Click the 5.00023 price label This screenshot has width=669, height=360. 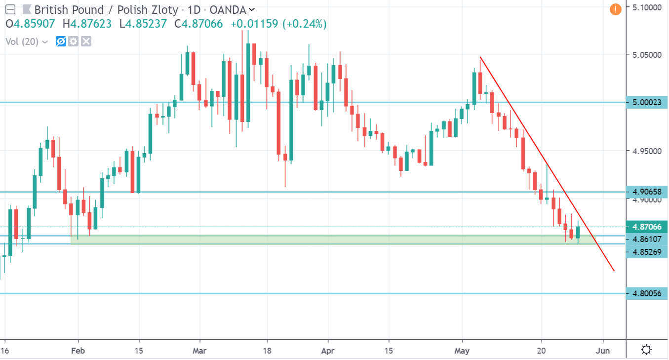[646, 102]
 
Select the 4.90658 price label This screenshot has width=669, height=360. [646, 192]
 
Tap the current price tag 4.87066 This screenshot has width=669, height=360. [646, 227]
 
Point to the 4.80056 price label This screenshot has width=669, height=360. [646, 293]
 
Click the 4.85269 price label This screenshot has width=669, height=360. [646, 251]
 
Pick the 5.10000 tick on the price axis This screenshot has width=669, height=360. [646, 7]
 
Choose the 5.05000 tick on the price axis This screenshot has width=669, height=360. [646, 54]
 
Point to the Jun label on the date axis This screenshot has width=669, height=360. [603, 351]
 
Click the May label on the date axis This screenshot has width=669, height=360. [462, 351]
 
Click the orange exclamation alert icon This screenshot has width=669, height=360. [615, 9]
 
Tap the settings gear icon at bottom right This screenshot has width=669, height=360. [646, 350]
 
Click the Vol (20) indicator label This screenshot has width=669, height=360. [22, 41]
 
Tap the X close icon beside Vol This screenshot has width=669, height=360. [86, 41]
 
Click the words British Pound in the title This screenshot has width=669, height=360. [69, 9]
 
